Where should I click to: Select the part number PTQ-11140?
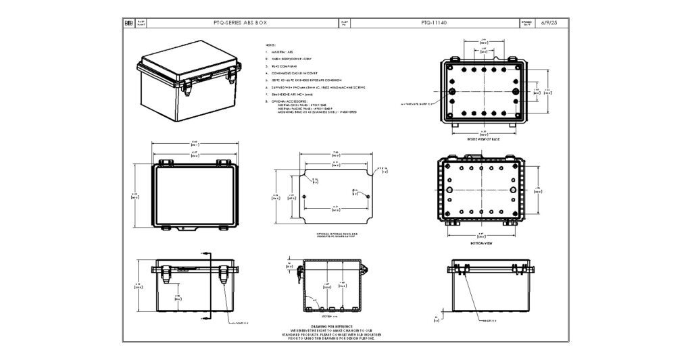point(433,22)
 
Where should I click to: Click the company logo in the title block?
point(128,22)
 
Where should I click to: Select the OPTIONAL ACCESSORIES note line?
point(291,101)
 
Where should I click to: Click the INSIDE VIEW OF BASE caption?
point(483,138)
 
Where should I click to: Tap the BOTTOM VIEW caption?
point(483,243)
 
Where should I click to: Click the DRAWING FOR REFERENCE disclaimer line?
point(327,326)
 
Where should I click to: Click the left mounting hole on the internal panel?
point(305,196)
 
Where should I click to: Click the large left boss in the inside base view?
point(451,91)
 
